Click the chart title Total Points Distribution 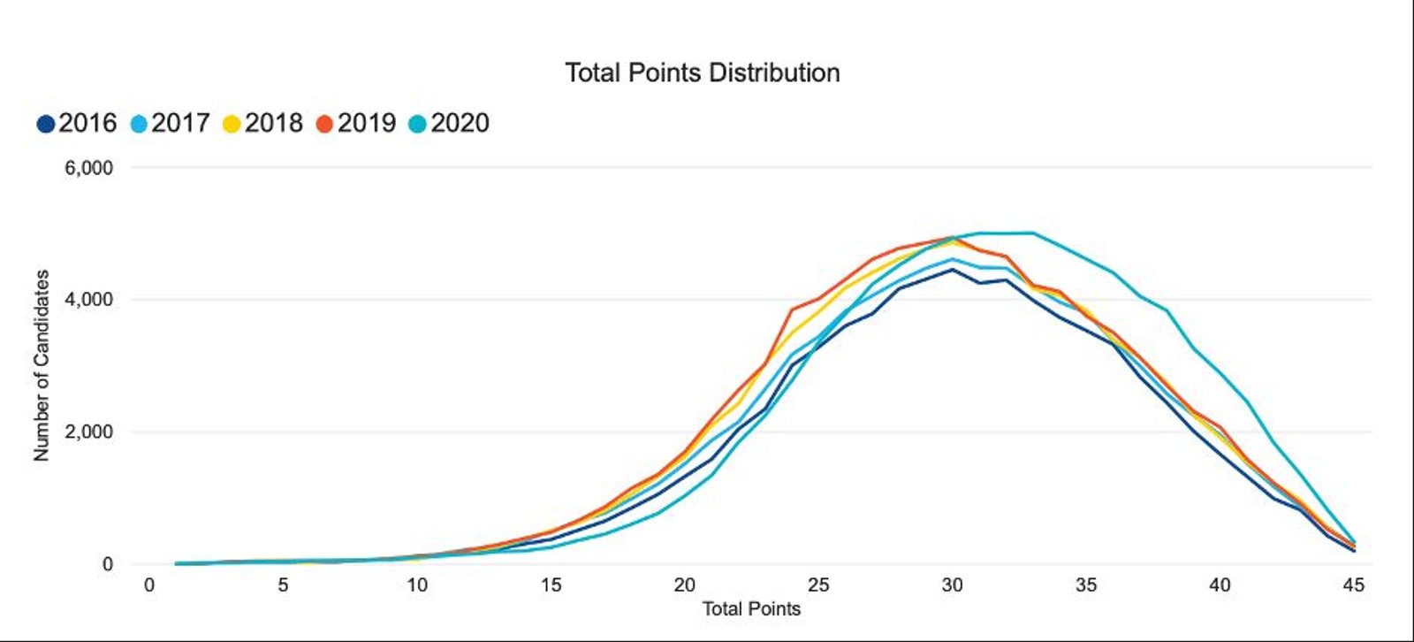point(702,73)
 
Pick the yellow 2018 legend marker point(232,124)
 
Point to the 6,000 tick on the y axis point(88,168)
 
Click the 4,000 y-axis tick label point(88,300)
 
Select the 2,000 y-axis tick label point(88,432)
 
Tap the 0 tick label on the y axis point(108,564)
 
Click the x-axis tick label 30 point(952,585)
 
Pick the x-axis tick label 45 point(1353,585)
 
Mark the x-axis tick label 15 point(551,585)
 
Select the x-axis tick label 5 point(283,585)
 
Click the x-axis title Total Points point(751,609)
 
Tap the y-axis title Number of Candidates point(42,365)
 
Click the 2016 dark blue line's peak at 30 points point(952,270)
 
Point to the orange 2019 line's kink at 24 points point(792,310)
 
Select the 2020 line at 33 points point(1032,233)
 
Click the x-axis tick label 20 point(684,585)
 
